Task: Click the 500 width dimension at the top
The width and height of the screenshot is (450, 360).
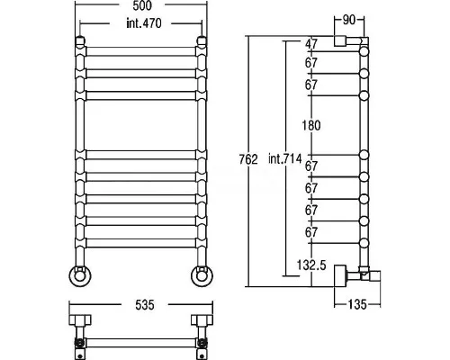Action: click(142, 5)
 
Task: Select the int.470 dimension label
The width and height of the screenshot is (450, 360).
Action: click(144, 23)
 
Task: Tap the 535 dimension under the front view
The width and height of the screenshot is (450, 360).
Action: click(145, 305)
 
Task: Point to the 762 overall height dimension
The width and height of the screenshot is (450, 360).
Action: click(248, 159)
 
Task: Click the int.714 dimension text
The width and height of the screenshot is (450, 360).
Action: click(284, 158)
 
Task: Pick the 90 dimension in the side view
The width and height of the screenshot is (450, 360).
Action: click(348, 20)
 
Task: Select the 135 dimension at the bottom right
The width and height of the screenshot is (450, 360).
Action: click(357, 305)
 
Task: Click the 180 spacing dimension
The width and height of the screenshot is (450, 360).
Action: click(311, 125)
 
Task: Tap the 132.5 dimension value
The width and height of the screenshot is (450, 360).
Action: click(311, 265)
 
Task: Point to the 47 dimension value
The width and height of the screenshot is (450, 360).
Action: click(311, 44)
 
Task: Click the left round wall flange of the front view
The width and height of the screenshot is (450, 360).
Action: click(80, 275)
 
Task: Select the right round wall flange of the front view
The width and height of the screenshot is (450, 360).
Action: click(202, 275)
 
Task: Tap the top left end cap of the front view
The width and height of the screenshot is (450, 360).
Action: click(80, 41)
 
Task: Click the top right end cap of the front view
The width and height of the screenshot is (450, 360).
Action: click(202, 41)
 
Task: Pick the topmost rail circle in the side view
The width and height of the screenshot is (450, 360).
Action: click(364, 51)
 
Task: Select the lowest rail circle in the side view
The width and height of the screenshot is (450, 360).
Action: click(364, 243)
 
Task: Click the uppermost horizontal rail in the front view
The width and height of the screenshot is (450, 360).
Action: click(141, 51)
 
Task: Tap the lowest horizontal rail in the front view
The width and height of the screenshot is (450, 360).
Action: click(141, 243)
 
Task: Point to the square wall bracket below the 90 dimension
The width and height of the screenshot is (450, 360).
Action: click(340, 41)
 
